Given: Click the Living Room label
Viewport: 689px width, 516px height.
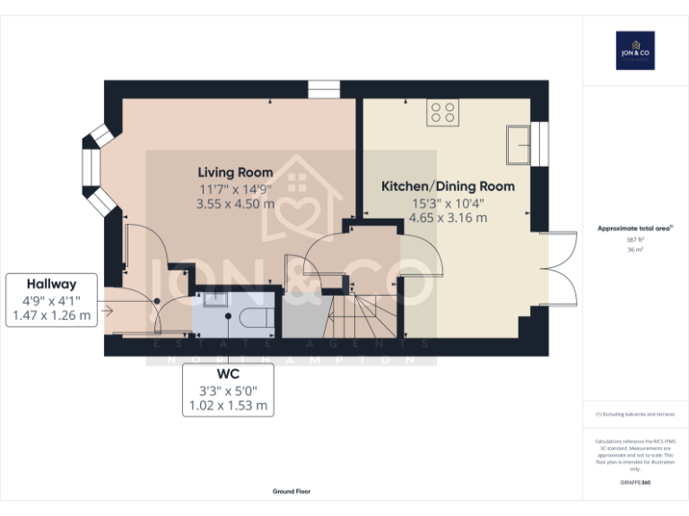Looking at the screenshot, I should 235,172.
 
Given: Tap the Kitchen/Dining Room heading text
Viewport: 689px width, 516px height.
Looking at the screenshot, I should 448,186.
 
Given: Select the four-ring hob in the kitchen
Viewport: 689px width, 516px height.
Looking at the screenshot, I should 442,111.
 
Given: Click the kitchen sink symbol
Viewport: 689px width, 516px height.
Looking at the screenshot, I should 518,144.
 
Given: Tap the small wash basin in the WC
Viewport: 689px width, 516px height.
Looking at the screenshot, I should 216,299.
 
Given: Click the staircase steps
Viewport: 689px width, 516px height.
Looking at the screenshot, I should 362,317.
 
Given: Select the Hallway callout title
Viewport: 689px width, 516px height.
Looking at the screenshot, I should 51,283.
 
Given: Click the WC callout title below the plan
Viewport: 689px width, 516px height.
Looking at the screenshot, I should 227,373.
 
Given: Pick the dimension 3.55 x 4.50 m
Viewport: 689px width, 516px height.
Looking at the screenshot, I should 235,203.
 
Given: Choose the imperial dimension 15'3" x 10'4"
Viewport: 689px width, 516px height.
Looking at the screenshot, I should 448,202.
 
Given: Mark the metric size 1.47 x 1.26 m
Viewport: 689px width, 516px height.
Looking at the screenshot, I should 51,315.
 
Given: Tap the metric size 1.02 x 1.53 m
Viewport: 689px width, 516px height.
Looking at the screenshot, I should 227,405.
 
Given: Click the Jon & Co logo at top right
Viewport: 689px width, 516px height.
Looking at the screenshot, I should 635,50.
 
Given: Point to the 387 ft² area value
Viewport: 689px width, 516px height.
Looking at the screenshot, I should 635,240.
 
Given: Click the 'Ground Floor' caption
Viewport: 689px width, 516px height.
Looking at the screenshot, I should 292,492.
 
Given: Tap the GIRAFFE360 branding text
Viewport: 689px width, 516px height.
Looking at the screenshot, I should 635,483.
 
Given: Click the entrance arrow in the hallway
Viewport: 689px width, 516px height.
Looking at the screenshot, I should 108,312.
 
